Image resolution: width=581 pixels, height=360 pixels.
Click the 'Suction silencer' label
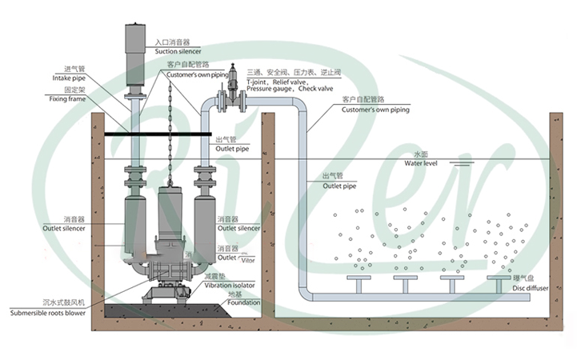click(x=178, y=51)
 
